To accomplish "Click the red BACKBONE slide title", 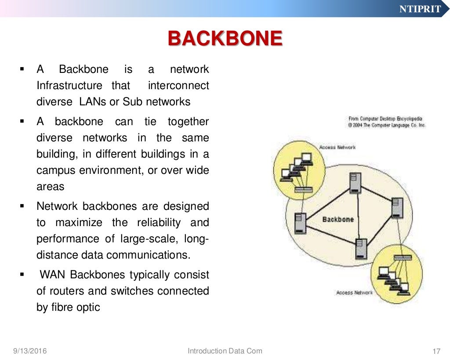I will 225,39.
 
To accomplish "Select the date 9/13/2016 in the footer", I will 30,351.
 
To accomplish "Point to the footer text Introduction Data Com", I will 225,351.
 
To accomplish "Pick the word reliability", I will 159,223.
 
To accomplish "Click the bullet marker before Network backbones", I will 22,205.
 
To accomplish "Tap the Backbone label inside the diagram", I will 337,219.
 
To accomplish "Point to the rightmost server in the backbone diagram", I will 397,208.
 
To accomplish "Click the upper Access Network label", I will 337,148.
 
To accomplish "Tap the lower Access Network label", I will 354,293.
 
